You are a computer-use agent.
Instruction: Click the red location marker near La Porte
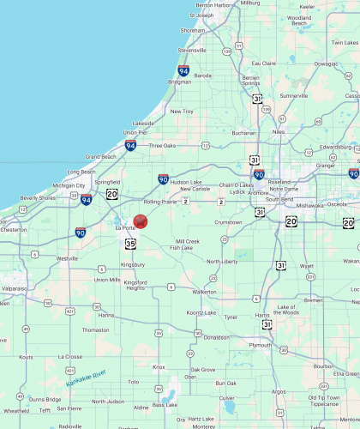(x=141, y=221)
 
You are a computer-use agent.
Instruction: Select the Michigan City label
(x=69, y=185)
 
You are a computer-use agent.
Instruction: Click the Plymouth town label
(x=259, y=345)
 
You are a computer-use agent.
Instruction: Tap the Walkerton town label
(x=204, y=292)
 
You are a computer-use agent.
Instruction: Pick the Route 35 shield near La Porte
(x=129, y=243)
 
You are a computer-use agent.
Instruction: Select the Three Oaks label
(x=162, y=145)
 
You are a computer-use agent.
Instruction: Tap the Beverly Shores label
(x=37, y=198)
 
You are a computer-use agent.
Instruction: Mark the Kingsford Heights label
(x=135, y=284)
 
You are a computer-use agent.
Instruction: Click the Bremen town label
(x=336, y=300)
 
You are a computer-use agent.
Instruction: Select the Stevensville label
(x=192, y=50)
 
